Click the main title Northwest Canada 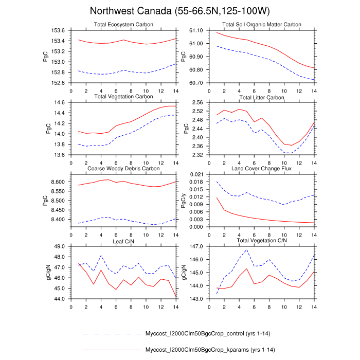179,11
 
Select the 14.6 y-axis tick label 60,102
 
